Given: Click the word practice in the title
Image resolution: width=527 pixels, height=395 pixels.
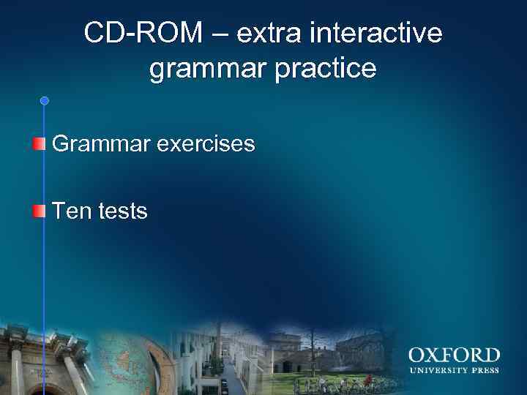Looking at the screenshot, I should [330, 69].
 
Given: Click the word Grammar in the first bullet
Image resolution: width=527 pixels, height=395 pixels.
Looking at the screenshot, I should [99, 144].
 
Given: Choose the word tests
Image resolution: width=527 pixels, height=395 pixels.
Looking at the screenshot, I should [120, 212].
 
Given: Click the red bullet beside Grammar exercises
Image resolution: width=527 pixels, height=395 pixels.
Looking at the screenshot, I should [38, 143].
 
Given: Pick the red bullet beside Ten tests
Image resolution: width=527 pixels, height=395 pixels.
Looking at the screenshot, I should [38, 211].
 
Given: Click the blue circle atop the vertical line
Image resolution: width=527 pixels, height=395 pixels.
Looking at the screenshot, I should [44, 100].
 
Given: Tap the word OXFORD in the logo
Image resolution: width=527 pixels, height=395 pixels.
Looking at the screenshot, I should [454, 356].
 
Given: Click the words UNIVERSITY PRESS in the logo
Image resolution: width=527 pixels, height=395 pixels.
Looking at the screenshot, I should [454, 370].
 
